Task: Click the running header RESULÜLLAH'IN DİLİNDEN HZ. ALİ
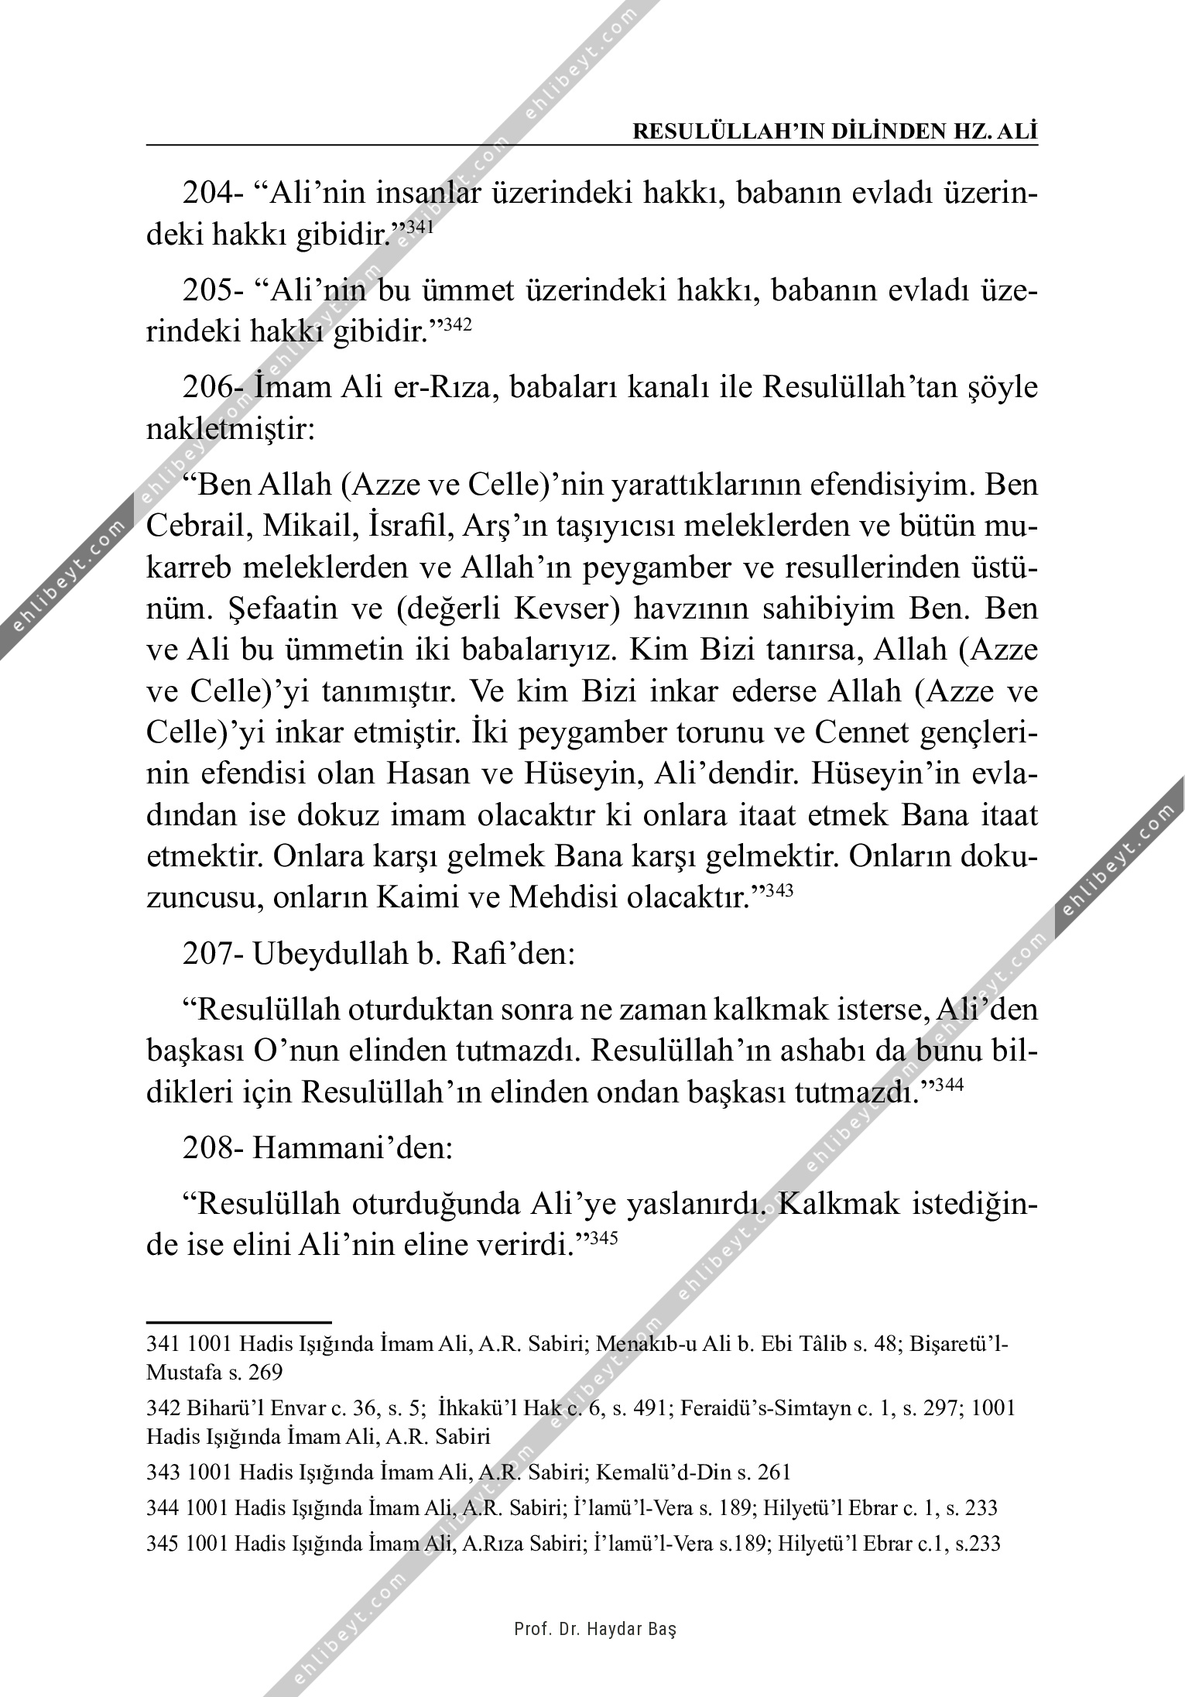[x=834, y=131]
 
